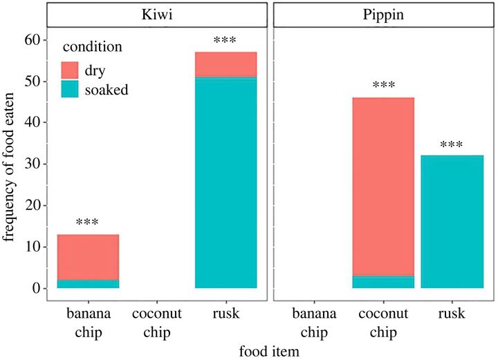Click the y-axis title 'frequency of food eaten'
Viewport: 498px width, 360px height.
pos(10,164)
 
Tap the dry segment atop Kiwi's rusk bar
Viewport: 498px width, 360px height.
pos(225,64)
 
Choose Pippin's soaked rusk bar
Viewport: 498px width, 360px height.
pos(452,222)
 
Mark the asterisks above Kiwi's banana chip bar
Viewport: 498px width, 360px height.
pos(88,223)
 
